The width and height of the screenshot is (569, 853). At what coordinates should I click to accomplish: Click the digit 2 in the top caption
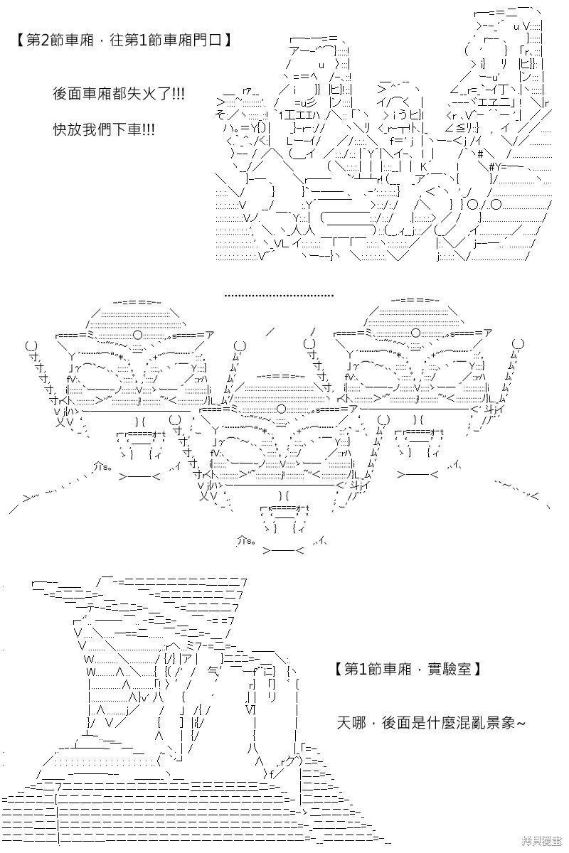tap(44, 40)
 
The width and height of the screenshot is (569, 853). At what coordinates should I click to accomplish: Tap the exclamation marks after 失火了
tap(179, 94)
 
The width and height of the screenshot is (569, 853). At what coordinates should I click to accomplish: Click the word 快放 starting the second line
tap(68, 130)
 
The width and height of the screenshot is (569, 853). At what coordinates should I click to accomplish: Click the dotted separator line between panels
tap(279, 295)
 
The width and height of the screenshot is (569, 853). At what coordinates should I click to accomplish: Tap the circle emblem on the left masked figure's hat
tap(137, 335)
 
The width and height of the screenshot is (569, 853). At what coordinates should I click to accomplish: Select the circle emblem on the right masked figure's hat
tap(416, 333)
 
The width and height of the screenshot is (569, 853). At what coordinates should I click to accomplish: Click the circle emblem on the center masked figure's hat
tap(281, 409)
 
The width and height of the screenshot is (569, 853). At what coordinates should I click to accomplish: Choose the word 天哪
tap(351, 722)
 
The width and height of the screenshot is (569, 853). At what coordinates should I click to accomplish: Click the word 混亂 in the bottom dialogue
tap(471, 722)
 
